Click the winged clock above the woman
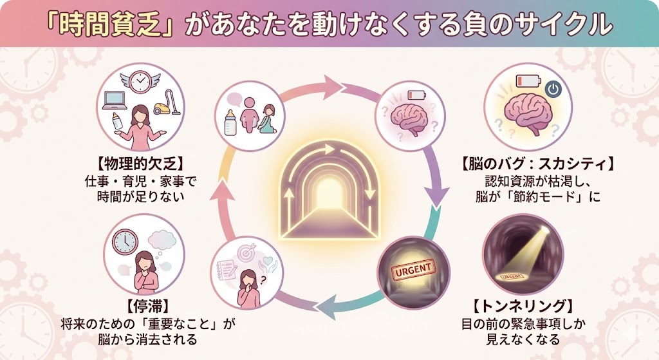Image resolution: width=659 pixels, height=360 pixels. click(140, 82)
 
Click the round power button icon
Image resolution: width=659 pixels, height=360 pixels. click(553, 88)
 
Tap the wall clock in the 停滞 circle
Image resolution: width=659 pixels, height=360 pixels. click(124, 242)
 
